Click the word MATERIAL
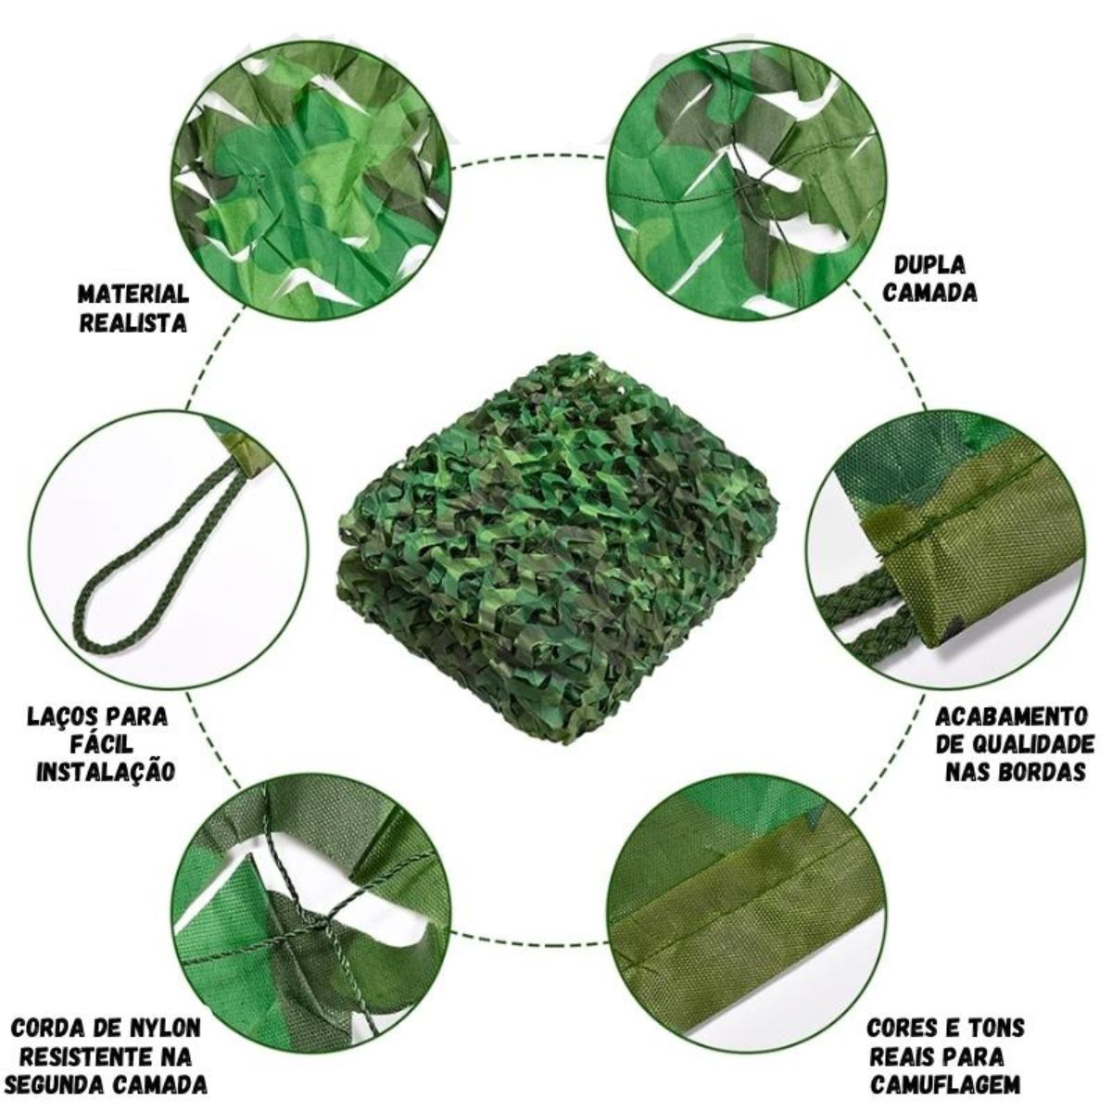(133, 294)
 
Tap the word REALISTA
(133, 322)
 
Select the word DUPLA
(929, 264)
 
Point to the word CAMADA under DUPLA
(929, 293)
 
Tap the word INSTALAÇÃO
(105, 772)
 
